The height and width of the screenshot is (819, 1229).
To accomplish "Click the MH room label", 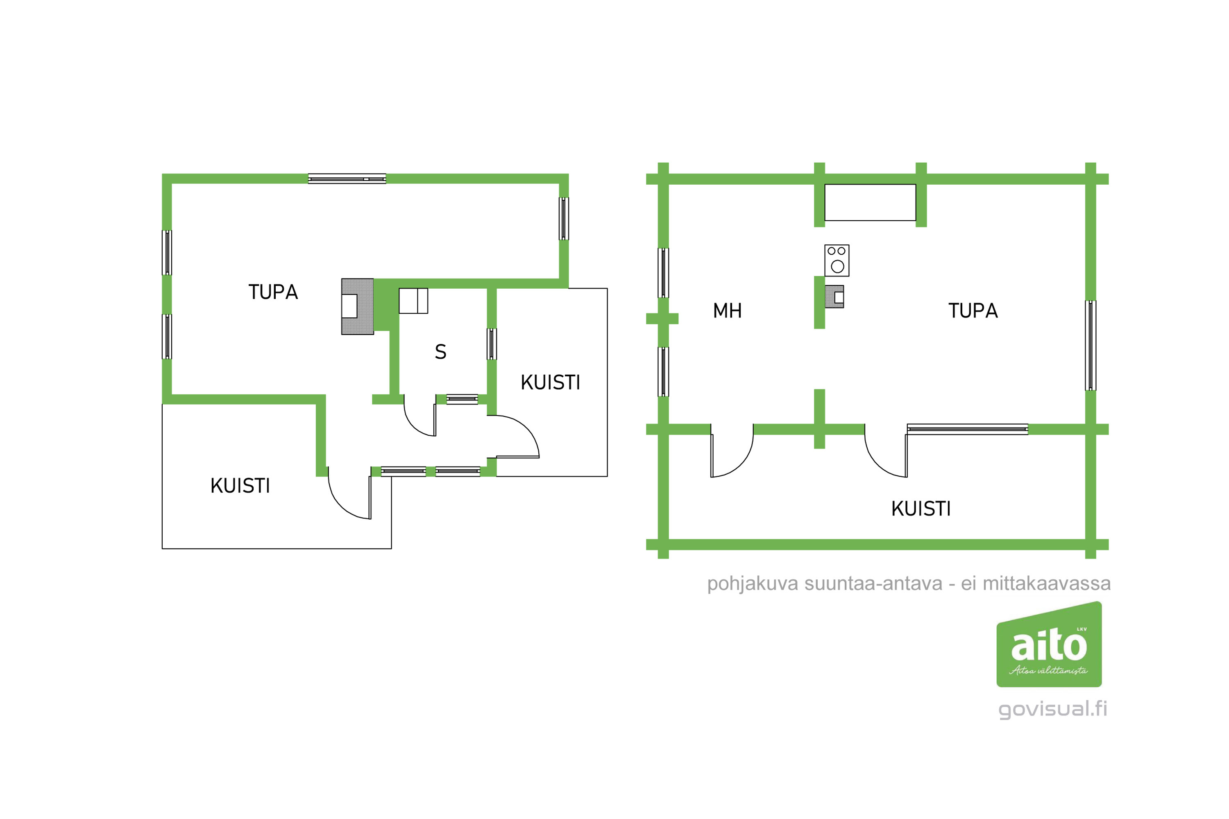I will tap(728, 311).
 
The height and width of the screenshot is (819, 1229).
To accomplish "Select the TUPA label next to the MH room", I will tap(973, 311).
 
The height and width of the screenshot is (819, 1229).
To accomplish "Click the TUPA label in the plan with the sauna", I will tap(273, 292).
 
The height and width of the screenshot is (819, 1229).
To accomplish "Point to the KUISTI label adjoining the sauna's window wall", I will tap(550, 382).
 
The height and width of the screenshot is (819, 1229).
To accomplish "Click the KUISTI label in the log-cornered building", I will tap(921, 509).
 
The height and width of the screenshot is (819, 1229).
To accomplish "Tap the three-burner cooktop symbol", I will tap(837, 260).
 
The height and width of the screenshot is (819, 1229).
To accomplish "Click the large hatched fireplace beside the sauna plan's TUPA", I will tap(357, 307).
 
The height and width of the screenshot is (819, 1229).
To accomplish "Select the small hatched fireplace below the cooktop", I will tap(834, 296).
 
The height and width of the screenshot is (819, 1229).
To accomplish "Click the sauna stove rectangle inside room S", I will tap(413, 301).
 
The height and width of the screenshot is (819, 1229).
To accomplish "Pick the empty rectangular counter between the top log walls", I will tap(870, 203).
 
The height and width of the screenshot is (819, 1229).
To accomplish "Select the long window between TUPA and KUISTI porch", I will tap(968, 429).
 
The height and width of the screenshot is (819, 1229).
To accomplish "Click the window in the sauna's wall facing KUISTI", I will tap(492, 344).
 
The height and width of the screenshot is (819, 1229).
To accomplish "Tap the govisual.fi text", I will tap(1052, 709).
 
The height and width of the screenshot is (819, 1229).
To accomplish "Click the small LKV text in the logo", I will tap(1082, 629).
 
